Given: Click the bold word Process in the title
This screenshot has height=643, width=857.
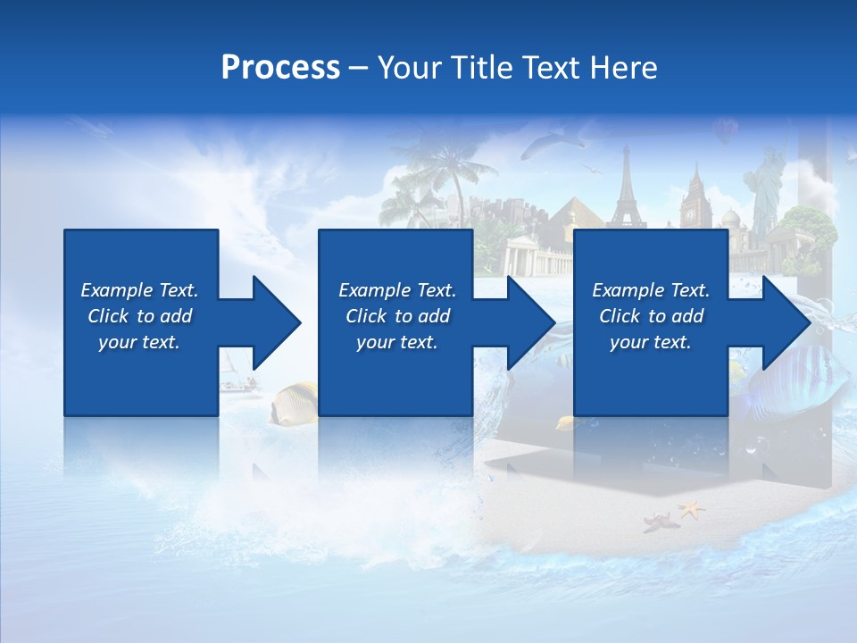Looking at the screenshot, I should (280, 68).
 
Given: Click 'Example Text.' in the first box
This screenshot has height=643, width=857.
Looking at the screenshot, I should (139, 290).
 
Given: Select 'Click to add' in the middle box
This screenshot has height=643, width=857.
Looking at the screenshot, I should (397, 316).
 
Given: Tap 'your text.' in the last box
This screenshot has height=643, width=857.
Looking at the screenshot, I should (651, 342).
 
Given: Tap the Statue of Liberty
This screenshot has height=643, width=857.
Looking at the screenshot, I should (765, 188).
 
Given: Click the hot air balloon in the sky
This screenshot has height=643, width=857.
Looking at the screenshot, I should (725, 132).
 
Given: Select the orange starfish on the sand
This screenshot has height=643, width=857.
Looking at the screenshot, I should (690, 510).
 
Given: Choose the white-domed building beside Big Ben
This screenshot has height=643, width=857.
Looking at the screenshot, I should (732, 220).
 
